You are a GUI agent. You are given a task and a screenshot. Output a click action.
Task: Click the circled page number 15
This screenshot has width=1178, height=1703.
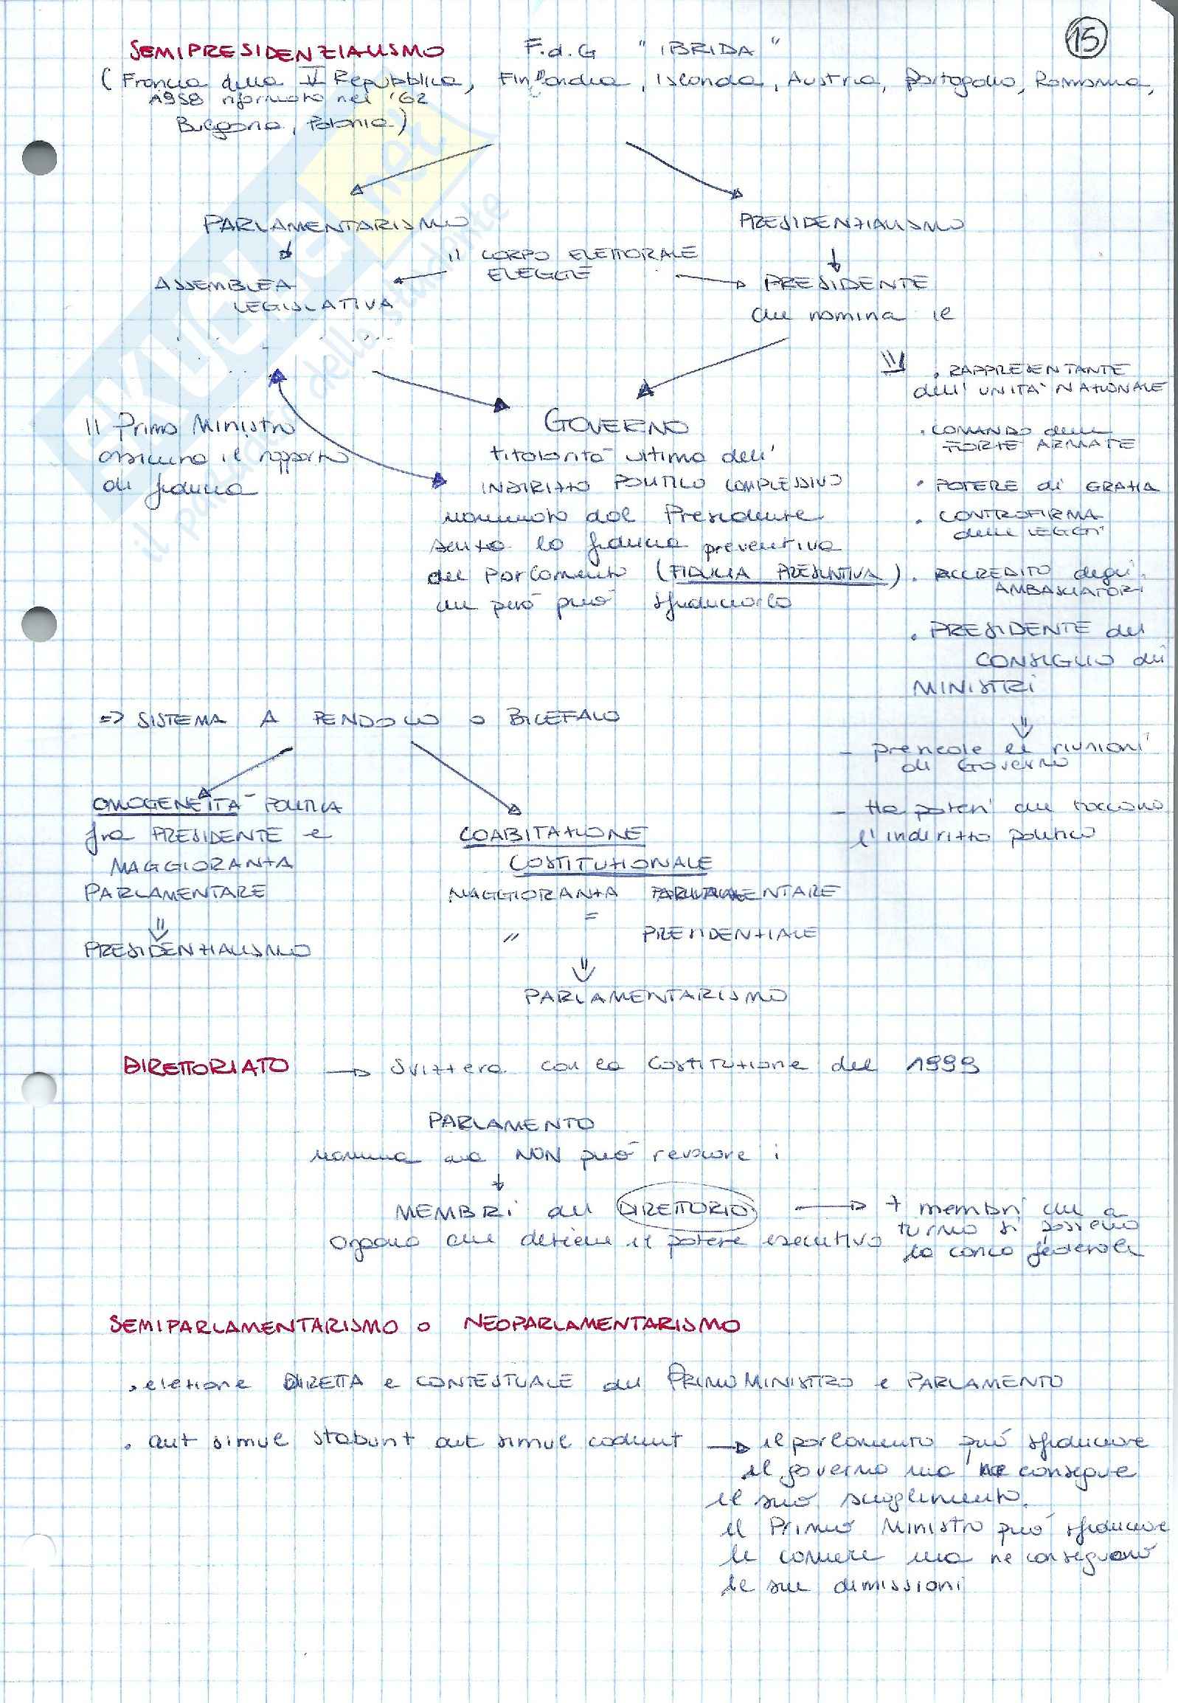[x=1087, y=38]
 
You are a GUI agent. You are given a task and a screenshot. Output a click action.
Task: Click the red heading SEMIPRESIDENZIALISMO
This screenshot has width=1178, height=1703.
[x=286, y=51]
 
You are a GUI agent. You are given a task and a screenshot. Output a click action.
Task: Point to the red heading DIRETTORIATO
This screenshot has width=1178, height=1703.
[x=206, y=1066]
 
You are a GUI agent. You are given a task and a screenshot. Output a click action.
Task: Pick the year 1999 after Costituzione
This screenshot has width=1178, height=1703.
[x=941, y=1065]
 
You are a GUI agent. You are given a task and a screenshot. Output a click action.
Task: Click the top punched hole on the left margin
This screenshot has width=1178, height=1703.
[x=39, y=157]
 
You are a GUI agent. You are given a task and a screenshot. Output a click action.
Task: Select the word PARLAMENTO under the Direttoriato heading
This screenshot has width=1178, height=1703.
[x=510, y=1123]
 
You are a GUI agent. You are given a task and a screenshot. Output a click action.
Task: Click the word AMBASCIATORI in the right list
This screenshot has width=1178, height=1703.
[x=1067, y=590]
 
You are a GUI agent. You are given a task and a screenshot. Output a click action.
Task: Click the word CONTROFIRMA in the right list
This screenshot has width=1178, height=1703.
[x=1019, y=515]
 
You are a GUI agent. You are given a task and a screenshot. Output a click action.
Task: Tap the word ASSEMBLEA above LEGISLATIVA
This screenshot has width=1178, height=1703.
[x=224, y=283]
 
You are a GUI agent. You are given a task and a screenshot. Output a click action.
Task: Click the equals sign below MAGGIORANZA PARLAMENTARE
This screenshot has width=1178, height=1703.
[x=591, y=915]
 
